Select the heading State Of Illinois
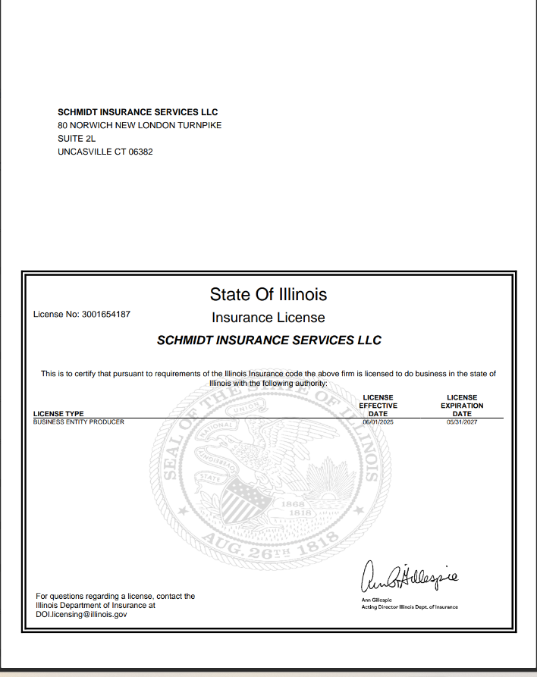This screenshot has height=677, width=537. [268, 293]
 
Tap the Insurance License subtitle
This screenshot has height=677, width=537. [268, 318]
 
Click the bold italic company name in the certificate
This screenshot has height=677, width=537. [268, 340]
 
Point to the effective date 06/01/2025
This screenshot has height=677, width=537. [378, 422]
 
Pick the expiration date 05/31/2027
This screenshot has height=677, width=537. [462, 422]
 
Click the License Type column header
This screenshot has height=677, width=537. [58, 414]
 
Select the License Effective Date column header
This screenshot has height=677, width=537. [378, 406]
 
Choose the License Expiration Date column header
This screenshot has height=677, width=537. [462, 406]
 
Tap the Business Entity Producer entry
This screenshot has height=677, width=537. [79, 422]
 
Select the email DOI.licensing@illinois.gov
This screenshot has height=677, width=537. [81, 615]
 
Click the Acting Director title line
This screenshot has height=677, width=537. [410, 607]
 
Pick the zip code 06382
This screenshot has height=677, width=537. [140, 152]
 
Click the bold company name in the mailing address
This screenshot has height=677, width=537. [138, 112]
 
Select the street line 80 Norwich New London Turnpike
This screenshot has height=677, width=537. [140, 125]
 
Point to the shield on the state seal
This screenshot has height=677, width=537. [250, 497]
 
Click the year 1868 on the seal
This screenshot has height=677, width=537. [292, 503]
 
